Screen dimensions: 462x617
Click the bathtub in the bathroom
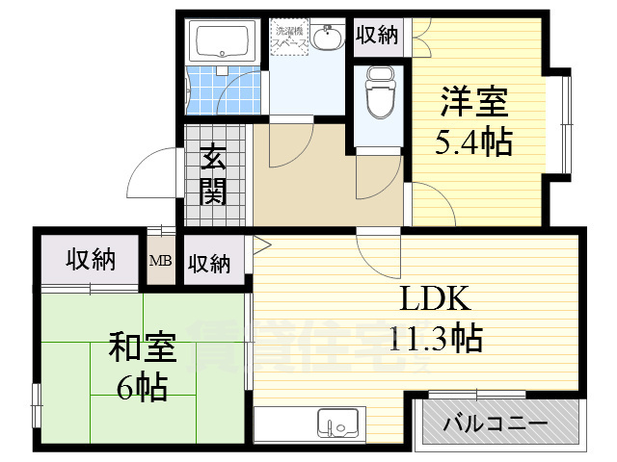coord(222,41)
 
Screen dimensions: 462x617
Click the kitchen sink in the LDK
coord(337,423)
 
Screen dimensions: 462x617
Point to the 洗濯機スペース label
coord(288,38)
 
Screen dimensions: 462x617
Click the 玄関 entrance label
coord(213,175)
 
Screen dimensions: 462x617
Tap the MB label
coord(159,260)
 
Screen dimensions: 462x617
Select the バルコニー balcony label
coord(496,423)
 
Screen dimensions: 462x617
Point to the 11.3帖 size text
coord(436,338)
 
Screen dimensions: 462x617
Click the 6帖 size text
coord(142,388)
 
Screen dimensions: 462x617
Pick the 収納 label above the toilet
coord(376,35)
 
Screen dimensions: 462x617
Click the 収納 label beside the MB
coord(208,262)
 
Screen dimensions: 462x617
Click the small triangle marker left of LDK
coord(258,244)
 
